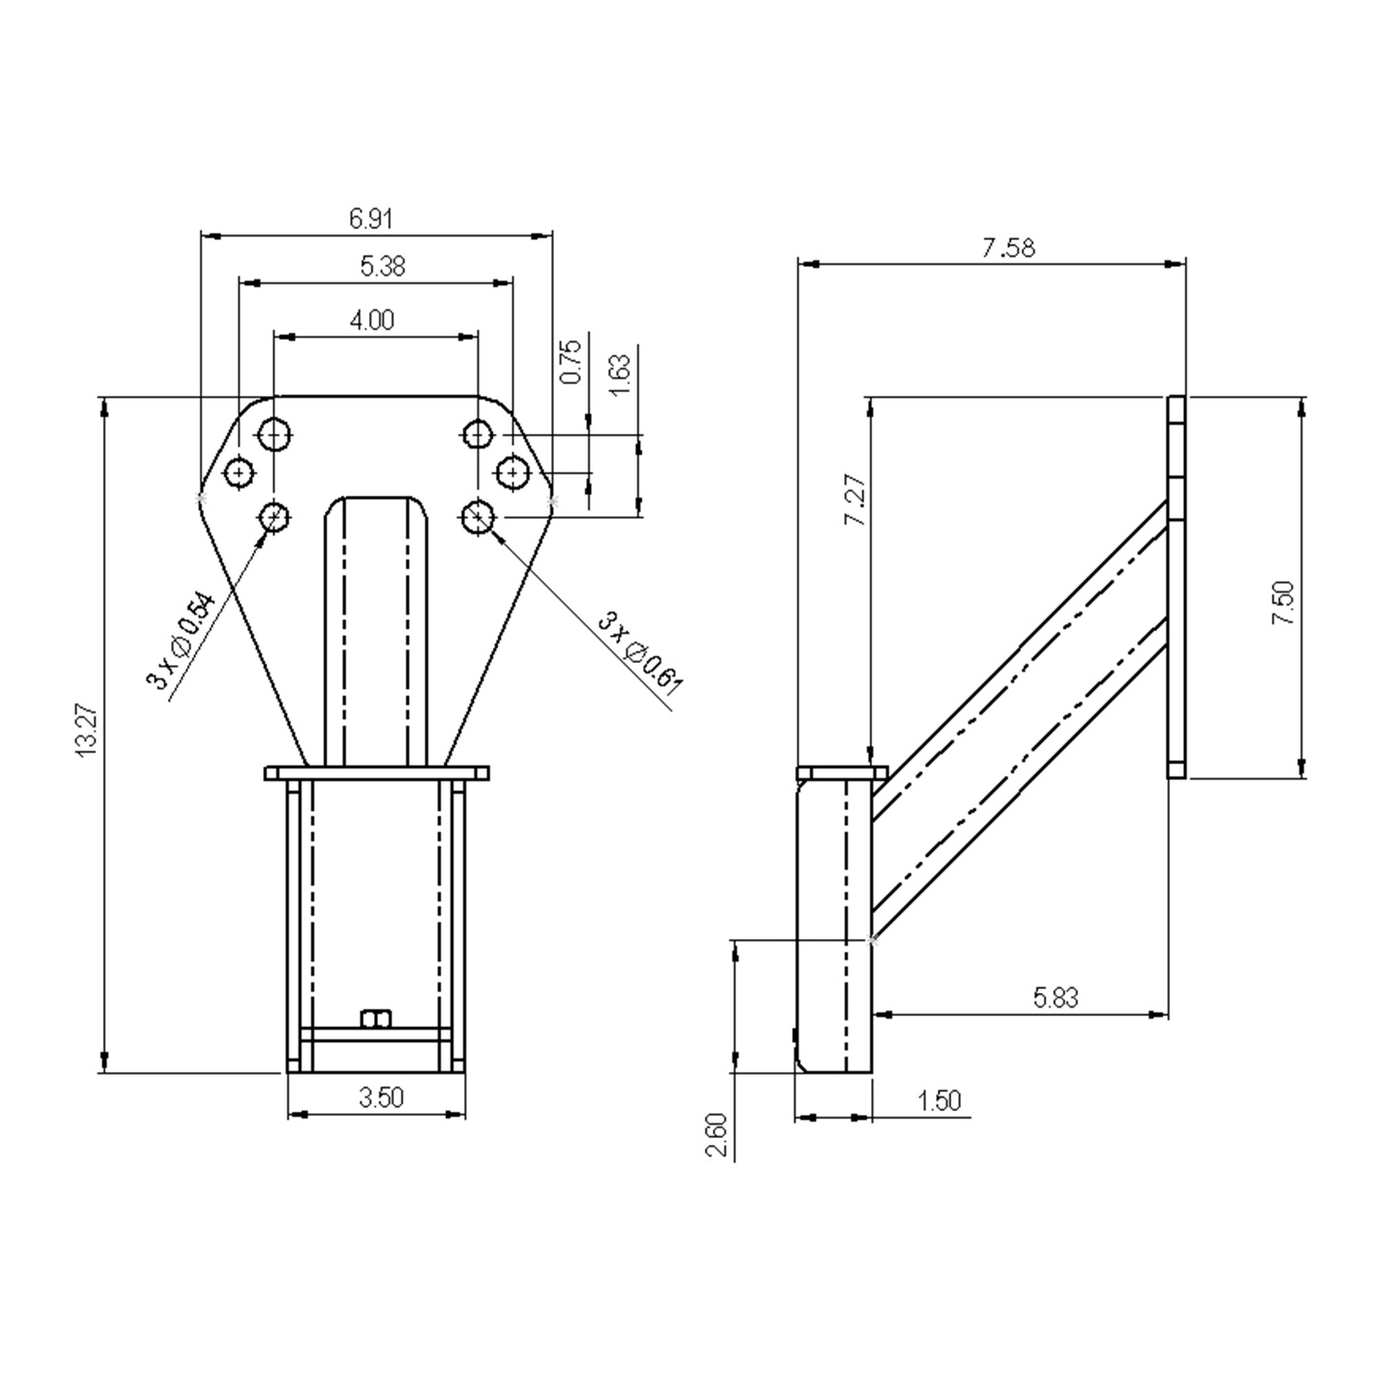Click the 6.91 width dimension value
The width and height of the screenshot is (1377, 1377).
point(370,219)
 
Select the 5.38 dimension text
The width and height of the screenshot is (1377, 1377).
point(383,266)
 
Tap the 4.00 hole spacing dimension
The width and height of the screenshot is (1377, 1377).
point(372,321)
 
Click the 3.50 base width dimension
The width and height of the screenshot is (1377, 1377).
point(381,1097)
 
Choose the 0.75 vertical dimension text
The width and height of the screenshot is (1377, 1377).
point(571,362)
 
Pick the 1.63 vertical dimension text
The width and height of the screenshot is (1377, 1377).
point(620,376)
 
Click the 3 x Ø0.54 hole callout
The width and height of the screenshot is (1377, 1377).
point(180,640)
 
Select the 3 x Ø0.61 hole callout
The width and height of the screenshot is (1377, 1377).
point(640,653)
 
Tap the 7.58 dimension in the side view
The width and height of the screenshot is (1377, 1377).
point(1009,248)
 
